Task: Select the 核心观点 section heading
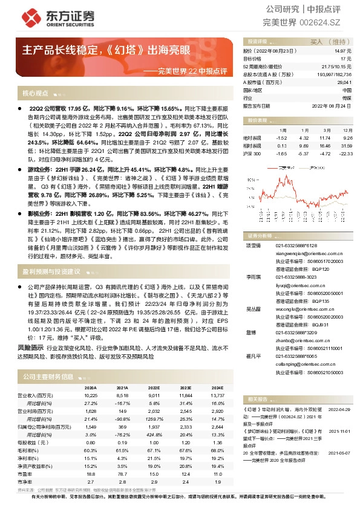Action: click(x=35, y=94)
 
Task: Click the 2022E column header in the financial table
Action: click(x=154, y=387)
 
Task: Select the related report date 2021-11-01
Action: click(x=339, y=432)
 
